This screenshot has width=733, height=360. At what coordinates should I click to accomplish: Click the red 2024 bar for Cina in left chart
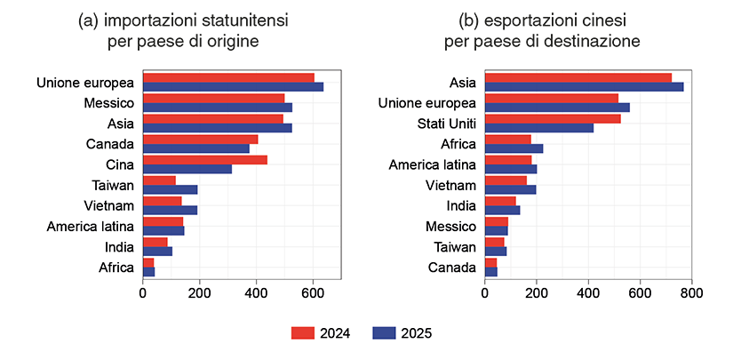(204, 160)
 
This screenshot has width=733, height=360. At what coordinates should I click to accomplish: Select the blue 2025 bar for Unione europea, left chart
(233, 87)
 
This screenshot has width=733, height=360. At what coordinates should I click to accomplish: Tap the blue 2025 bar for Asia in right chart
(584, 87)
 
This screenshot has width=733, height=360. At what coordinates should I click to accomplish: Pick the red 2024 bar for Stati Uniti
(552, 118)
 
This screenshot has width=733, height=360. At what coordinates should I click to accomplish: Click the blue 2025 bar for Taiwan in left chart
(170, 189)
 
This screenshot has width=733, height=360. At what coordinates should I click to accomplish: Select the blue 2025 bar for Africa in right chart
(514, 148)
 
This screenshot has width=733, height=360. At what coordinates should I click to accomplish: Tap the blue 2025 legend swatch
(384, 333)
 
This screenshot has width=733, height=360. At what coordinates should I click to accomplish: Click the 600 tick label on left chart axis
(313, 291)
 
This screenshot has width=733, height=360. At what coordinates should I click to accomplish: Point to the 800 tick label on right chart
(692, 291)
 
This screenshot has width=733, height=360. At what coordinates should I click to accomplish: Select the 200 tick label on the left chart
(199, 291)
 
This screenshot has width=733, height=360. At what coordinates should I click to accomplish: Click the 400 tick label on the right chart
(588, 291)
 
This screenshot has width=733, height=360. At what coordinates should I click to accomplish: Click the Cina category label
(119, 164)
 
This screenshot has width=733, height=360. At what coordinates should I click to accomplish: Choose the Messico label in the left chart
(108, 103)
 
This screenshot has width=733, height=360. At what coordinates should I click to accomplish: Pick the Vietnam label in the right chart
(451, 185)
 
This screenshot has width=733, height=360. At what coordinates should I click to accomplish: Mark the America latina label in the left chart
(90, 226)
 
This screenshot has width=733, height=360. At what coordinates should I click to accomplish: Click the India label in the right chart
(459, 205)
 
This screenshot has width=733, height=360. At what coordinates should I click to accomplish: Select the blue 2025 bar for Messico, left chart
(217, 108)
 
